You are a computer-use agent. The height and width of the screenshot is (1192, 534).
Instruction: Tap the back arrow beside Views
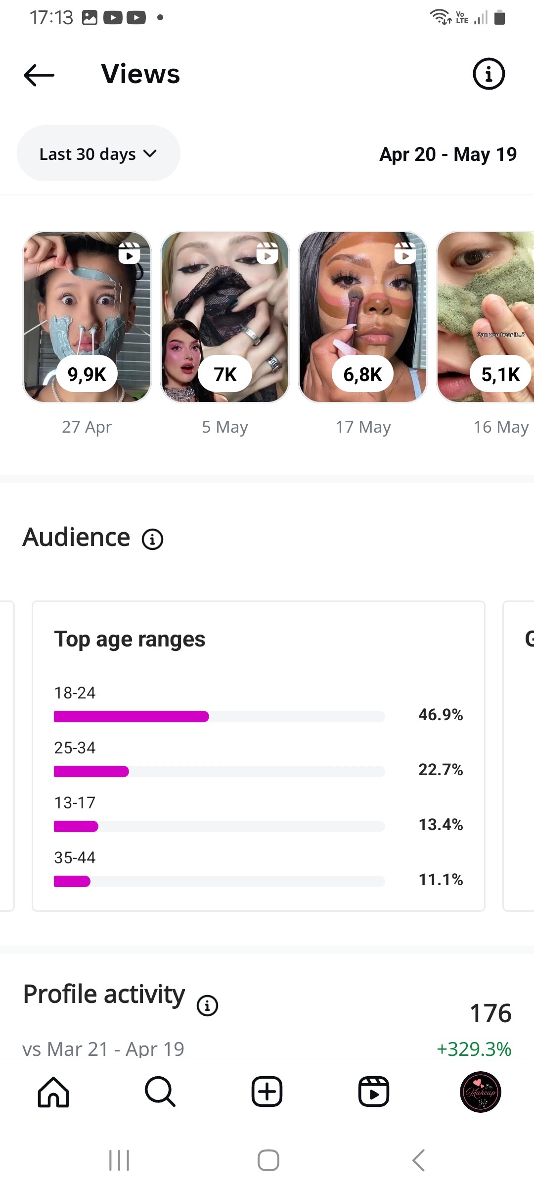click(x=39, y=75)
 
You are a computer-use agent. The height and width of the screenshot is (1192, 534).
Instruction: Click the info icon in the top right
click(x=489, y=74)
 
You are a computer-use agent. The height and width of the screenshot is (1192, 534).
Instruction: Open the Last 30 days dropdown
click(x=98, y=154)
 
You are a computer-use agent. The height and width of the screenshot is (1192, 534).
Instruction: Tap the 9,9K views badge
click(x=87, y=374)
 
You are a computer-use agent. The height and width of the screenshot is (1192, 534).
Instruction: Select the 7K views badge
click(x=225, y=374)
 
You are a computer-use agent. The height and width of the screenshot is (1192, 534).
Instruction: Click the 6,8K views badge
click(x=362, y=374)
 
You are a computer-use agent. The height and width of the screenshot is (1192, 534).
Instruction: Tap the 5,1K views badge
click(x=500, y=374)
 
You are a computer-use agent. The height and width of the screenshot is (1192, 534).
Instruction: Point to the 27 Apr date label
click(x=87, y=427)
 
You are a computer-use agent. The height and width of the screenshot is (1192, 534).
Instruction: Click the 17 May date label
click(x=363, y=427)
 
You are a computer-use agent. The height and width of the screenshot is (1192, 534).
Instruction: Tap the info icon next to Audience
click(x=152, y=539)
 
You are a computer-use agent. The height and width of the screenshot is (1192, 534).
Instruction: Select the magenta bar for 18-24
click(x=131, y=716)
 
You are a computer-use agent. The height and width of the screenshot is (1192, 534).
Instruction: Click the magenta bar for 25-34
click(x=91, y=771)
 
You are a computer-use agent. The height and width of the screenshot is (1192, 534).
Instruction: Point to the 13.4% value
click(x=441, y=825)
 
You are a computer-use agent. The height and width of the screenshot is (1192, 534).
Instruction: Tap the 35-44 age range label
click(x=75, y=857)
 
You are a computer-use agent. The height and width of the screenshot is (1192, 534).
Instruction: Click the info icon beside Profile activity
click(x=207, y=1005)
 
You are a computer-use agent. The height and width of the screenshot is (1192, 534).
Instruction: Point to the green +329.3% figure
click(x=474, y=1048)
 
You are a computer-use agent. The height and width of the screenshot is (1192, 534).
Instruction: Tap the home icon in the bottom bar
click(x=53, y=1092)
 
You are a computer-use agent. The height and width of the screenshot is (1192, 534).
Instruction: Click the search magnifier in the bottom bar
click(x=160, y=1092)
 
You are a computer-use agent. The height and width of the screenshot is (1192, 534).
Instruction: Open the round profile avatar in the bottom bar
click(x=480, y=1092)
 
